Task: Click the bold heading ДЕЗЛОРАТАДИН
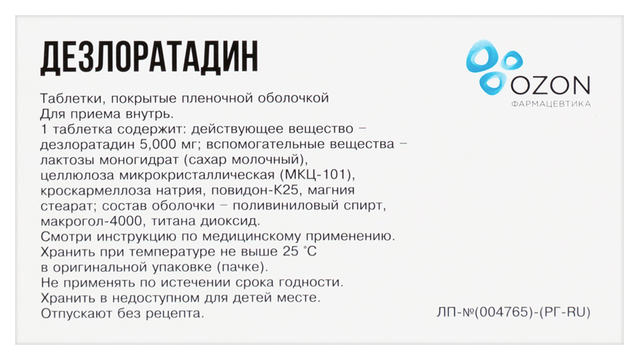(x=149, y=58)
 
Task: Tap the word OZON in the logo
(x=551, y=84)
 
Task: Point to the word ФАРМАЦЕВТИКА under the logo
(x=551, y=104)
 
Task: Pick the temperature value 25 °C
(x=296, y=252)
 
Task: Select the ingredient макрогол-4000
(x=86, y=221)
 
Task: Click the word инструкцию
(x=130, y=237)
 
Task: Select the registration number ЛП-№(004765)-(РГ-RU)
(x=512, y=313)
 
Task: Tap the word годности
(x=312, y=283)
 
